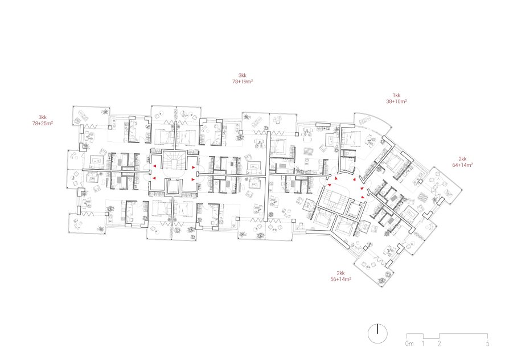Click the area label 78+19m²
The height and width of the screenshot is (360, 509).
point(243,81)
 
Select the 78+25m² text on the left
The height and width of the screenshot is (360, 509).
point(43,123)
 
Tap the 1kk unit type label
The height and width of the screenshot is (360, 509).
point(396,95)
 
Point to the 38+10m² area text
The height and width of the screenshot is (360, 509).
point(396,101)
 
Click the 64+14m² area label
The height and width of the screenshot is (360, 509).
point(462,165)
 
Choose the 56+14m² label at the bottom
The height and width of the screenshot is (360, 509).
point(340,279)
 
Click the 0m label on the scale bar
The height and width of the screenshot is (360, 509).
point(409,343)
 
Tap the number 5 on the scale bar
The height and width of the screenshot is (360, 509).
point(487,343)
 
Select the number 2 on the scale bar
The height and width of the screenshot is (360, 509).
point(439,343)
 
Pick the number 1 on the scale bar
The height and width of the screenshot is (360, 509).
point(423,343)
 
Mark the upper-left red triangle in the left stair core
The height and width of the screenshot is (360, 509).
point(154,166)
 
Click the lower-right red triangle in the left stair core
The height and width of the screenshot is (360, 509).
point(193,179)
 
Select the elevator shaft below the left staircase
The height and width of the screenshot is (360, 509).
point(174,186)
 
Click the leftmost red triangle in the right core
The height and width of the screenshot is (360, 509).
point(330,185)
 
